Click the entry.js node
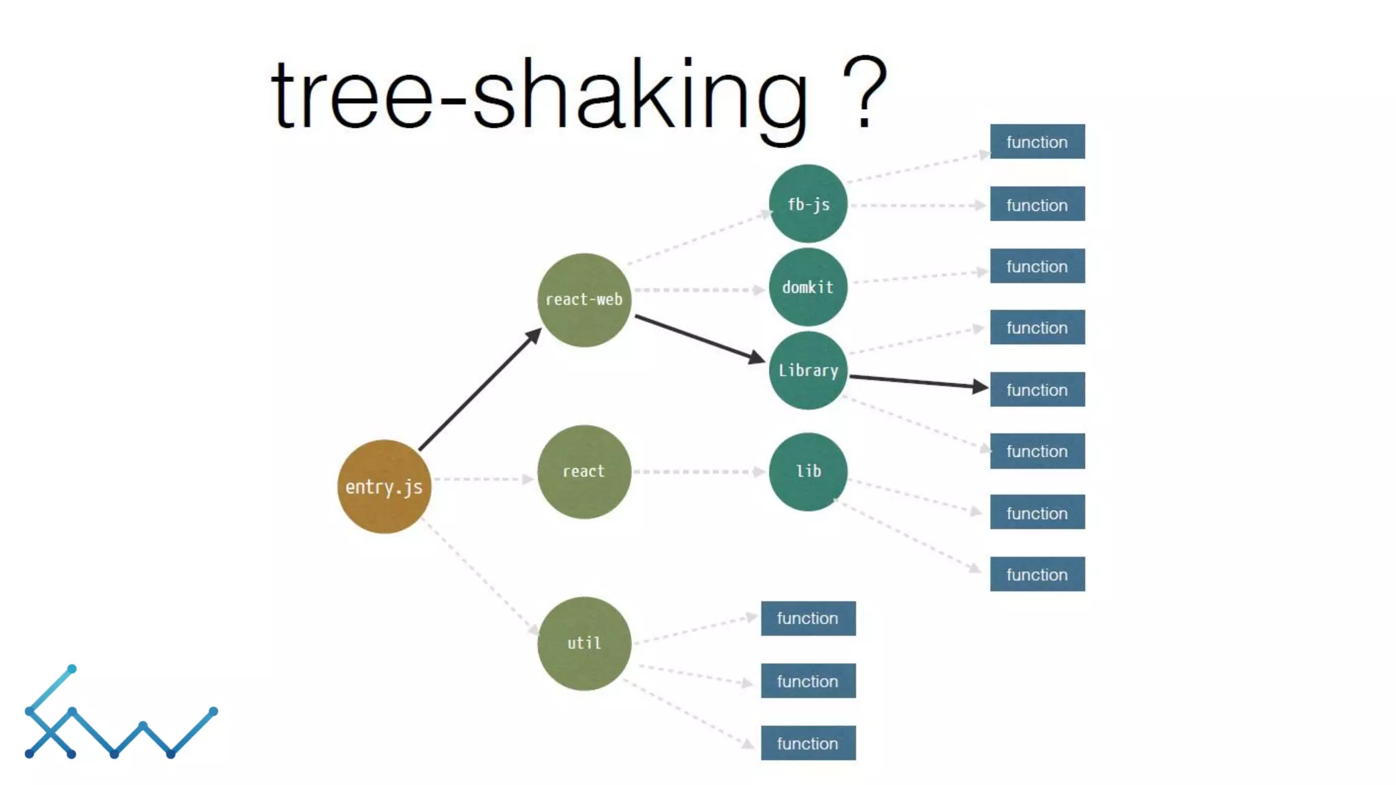[x=384, y=487]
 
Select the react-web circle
[x=583, y=300]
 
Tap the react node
[x=583, y=472]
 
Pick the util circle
[x=583, y=643]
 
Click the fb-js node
[x=808, y=204]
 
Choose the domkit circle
[x=808, y=287]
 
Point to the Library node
[x=808, y=370]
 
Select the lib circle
[x=808, y=472]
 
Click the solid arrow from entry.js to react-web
[x=479, y=389]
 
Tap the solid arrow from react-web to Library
[x=699, y=338]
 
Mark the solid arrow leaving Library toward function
[x=917, y=382]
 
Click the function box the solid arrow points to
[x=1037, y=390]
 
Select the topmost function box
[x=1037, y=142]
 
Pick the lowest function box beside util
[x=808, y=743]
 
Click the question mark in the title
[x=864, y=93]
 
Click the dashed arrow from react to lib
[x=699, y=472]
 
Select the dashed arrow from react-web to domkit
[x=699, y=290]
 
